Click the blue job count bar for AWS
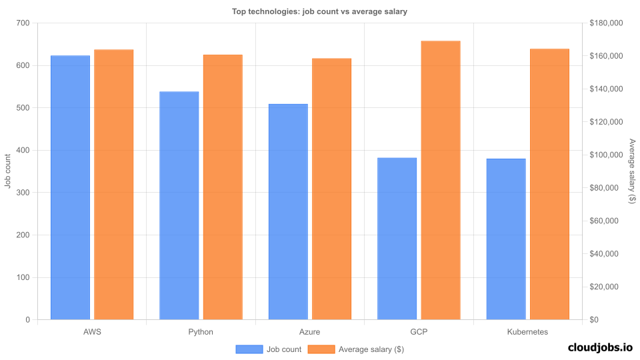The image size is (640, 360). click(x=70, y=188)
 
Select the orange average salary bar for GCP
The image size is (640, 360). click(x=441, y=181)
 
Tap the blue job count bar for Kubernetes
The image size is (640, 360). click(x=506, y=239)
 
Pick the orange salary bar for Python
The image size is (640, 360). click(x=223, y=187)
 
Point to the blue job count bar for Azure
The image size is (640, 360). click(x=288, y=212)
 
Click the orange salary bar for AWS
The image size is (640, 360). click(x=113, y=185)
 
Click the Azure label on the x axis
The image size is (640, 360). click(x=310, y=331)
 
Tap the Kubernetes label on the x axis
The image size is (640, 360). click(x=527, y=331)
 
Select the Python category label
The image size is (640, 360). click(x=201, y=331)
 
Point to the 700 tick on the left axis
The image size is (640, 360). click(x=23, y=23)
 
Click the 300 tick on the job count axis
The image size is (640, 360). click(x=23, y=193)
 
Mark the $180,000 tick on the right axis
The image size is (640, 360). click(x=606, y=23)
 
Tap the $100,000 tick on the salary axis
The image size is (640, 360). click(x=606, y=155)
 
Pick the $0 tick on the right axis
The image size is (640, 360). click(x=595, y=320)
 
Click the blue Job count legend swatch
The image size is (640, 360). click(x=249, y=349)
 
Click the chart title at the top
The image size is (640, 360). click(x=319, y=11)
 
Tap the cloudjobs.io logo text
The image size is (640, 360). click(x=600, y=347)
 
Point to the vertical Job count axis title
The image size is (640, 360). click(x=8, y=171)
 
